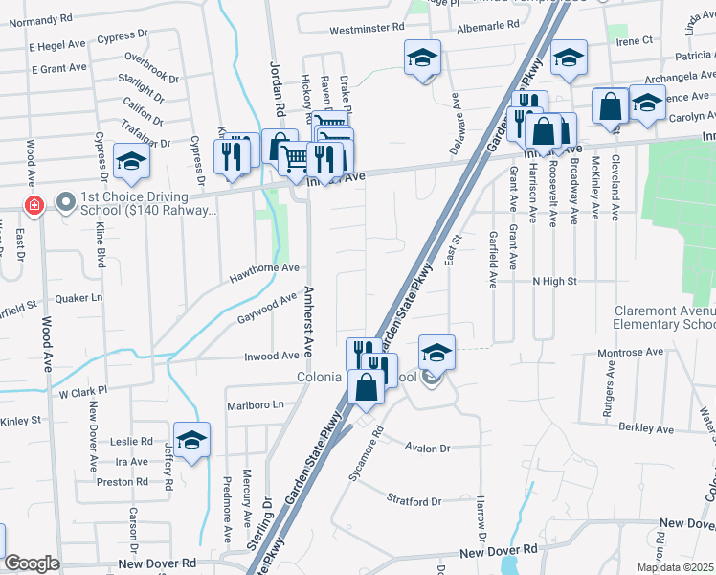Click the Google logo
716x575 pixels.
coord(32,563)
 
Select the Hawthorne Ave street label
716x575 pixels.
coord(264,275)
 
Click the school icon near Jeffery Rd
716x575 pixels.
coord(191,440)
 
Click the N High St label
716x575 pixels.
coord(555,281)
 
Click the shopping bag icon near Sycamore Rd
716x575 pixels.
coord(367,387)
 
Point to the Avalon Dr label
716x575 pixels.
coord(427,448)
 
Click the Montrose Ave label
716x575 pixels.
coord(630,353)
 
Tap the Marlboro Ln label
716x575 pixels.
coord(256,405)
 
